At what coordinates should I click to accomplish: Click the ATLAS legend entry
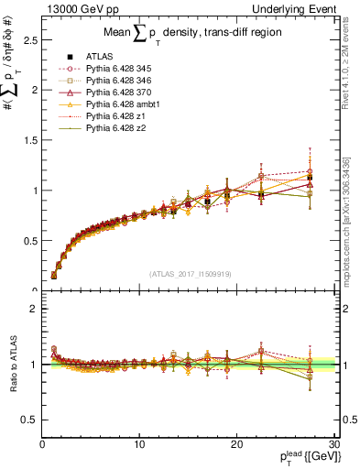(101, 58)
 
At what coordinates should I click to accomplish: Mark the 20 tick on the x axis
(236, 443)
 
